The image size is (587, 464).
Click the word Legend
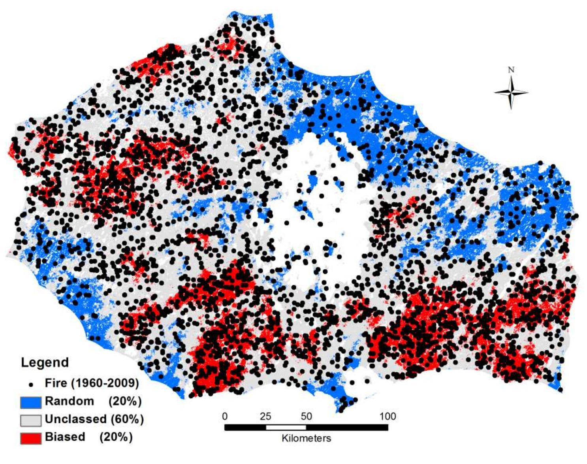coord(45,362)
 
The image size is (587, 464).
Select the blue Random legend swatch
coord(31,402)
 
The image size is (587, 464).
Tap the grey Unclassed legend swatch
coord(31,420)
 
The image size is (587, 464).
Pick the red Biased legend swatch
coord(31,438)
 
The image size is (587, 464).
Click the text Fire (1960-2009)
coord(92,383)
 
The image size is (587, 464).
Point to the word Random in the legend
coord(70,401)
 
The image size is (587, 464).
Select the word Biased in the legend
coord(65,437)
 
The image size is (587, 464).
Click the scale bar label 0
coord(225,416)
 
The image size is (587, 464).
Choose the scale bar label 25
coord(265,416)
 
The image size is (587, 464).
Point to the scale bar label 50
coord(306,416)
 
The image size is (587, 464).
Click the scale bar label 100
coord(388,416)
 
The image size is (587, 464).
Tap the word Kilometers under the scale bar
coord(306,438)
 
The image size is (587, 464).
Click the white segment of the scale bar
coord(286,427)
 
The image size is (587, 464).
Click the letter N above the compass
coord(511,70)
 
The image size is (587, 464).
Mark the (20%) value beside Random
coord(125,401)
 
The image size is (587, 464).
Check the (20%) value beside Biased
coord(116,437)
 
